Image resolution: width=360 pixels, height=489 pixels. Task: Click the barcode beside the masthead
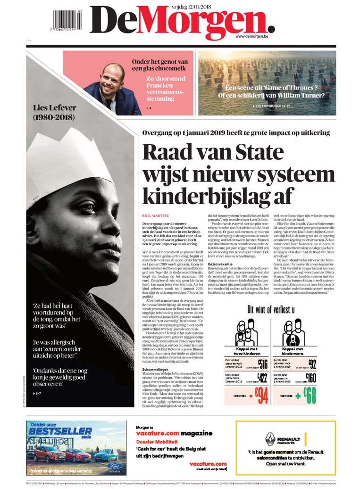[67, 19]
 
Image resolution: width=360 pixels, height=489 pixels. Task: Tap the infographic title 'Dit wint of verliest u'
[271, 309]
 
